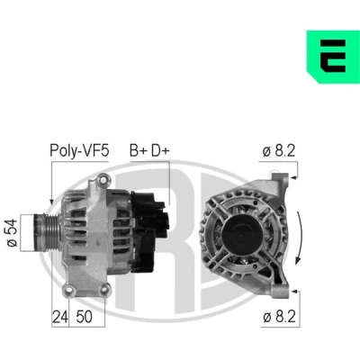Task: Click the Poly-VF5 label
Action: [x=79, y=150]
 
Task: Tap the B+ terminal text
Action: [x=139, y=150]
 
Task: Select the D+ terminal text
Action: [x=160, y=150]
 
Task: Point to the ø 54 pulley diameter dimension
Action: [x=13, y=233]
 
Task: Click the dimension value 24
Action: [x=60, y=317]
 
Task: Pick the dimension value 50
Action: [x=84, y=317]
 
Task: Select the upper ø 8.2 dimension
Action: [x=279, y=150]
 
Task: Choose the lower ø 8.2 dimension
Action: [x=279, y=317]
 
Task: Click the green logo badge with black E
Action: [x=333, y=57]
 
